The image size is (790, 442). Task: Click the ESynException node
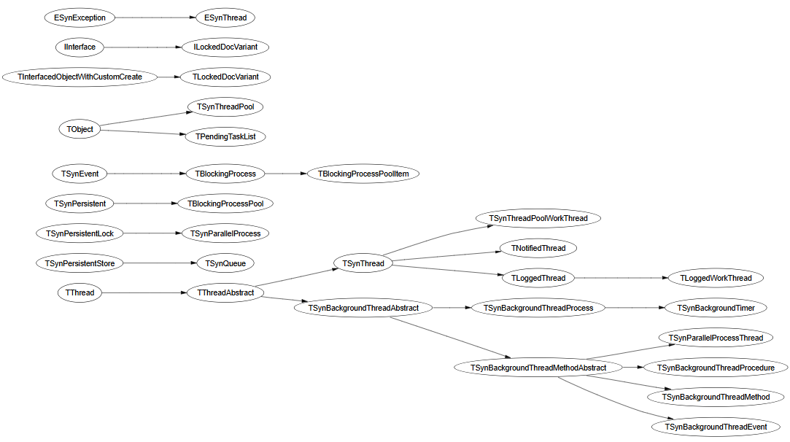(x=80, y=17)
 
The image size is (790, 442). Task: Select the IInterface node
(x=80, y=47)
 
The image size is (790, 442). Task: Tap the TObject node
(x=80, y=129)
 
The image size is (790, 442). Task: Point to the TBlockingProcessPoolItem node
(x=363, y=174)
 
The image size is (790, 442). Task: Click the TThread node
(x=80, y=292)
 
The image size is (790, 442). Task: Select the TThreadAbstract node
(x=225, y=292)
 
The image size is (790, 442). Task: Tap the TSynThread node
(x=363, y=263)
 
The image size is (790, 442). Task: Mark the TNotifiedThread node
(x=538, y=248)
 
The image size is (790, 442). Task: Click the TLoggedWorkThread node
(x=715, y=278)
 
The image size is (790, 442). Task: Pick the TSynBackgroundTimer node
(x=715, y=308)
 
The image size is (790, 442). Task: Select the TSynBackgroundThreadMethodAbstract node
(x=538, y=368)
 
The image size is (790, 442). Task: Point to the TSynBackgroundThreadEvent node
(x=715, y=427)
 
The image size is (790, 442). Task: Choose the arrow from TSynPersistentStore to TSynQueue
(x=156, y=263)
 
